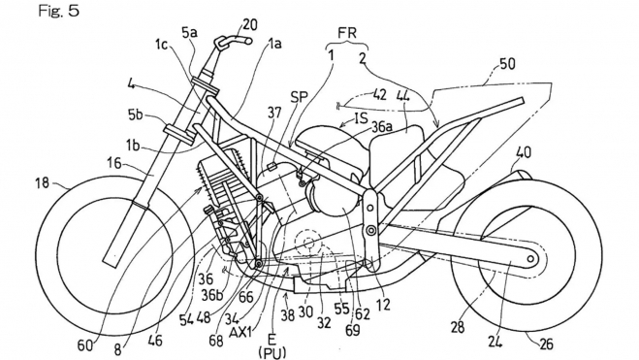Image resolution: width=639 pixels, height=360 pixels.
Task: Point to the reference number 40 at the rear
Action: point(524,152)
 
